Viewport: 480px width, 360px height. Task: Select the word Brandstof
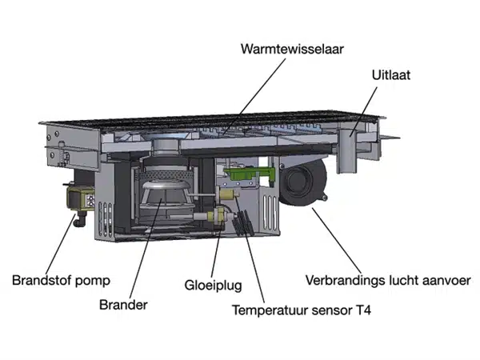point(44,281)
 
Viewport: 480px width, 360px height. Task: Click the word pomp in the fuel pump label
point(94,281)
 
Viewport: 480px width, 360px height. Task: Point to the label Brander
point(123,305)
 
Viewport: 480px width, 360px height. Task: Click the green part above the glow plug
point(241,170)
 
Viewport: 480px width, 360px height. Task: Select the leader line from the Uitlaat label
point(364,108)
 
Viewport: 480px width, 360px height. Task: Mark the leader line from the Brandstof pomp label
point(60,248)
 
